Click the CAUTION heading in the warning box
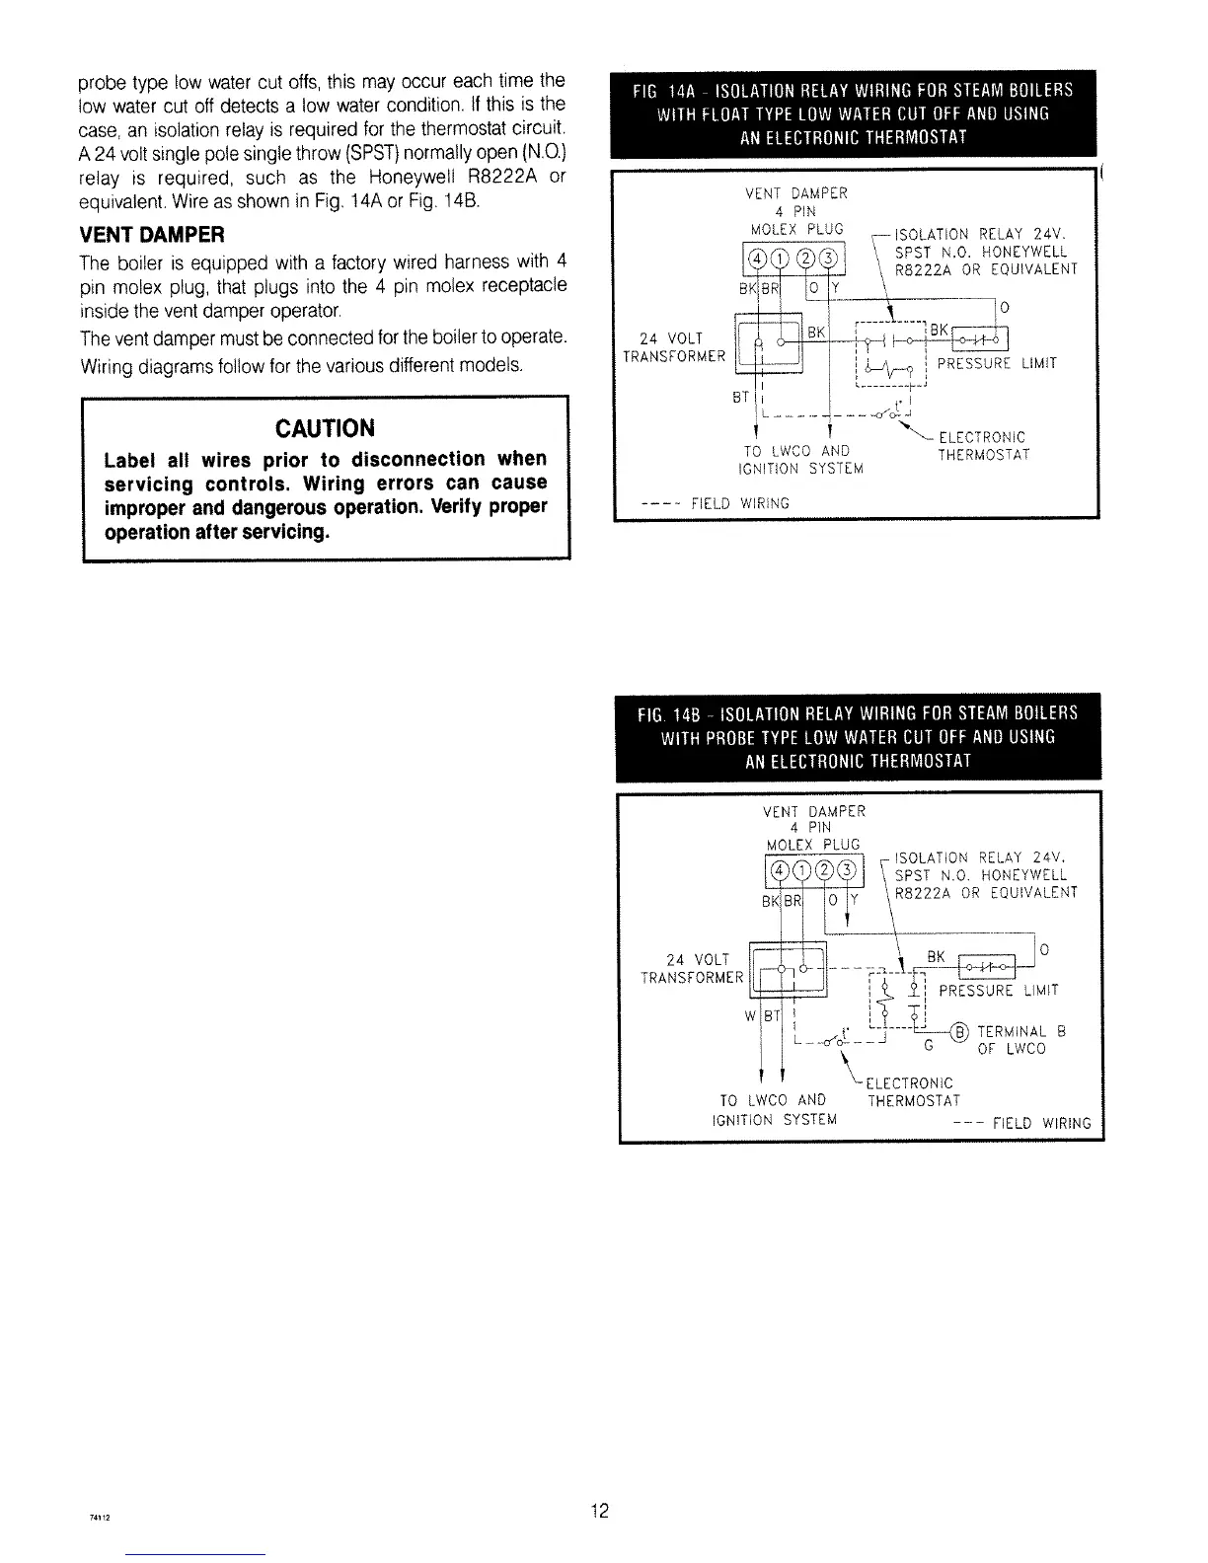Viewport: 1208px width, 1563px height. coord(324,428)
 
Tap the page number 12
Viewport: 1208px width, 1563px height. coord(599,1511)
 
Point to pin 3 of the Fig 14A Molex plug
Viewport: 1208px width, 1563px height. coord(831,260)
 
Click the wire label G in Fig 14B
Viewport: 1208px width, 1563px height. coord(926,1044)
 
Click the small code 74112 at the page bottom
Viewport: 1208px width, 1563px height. coord(97,1519)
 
